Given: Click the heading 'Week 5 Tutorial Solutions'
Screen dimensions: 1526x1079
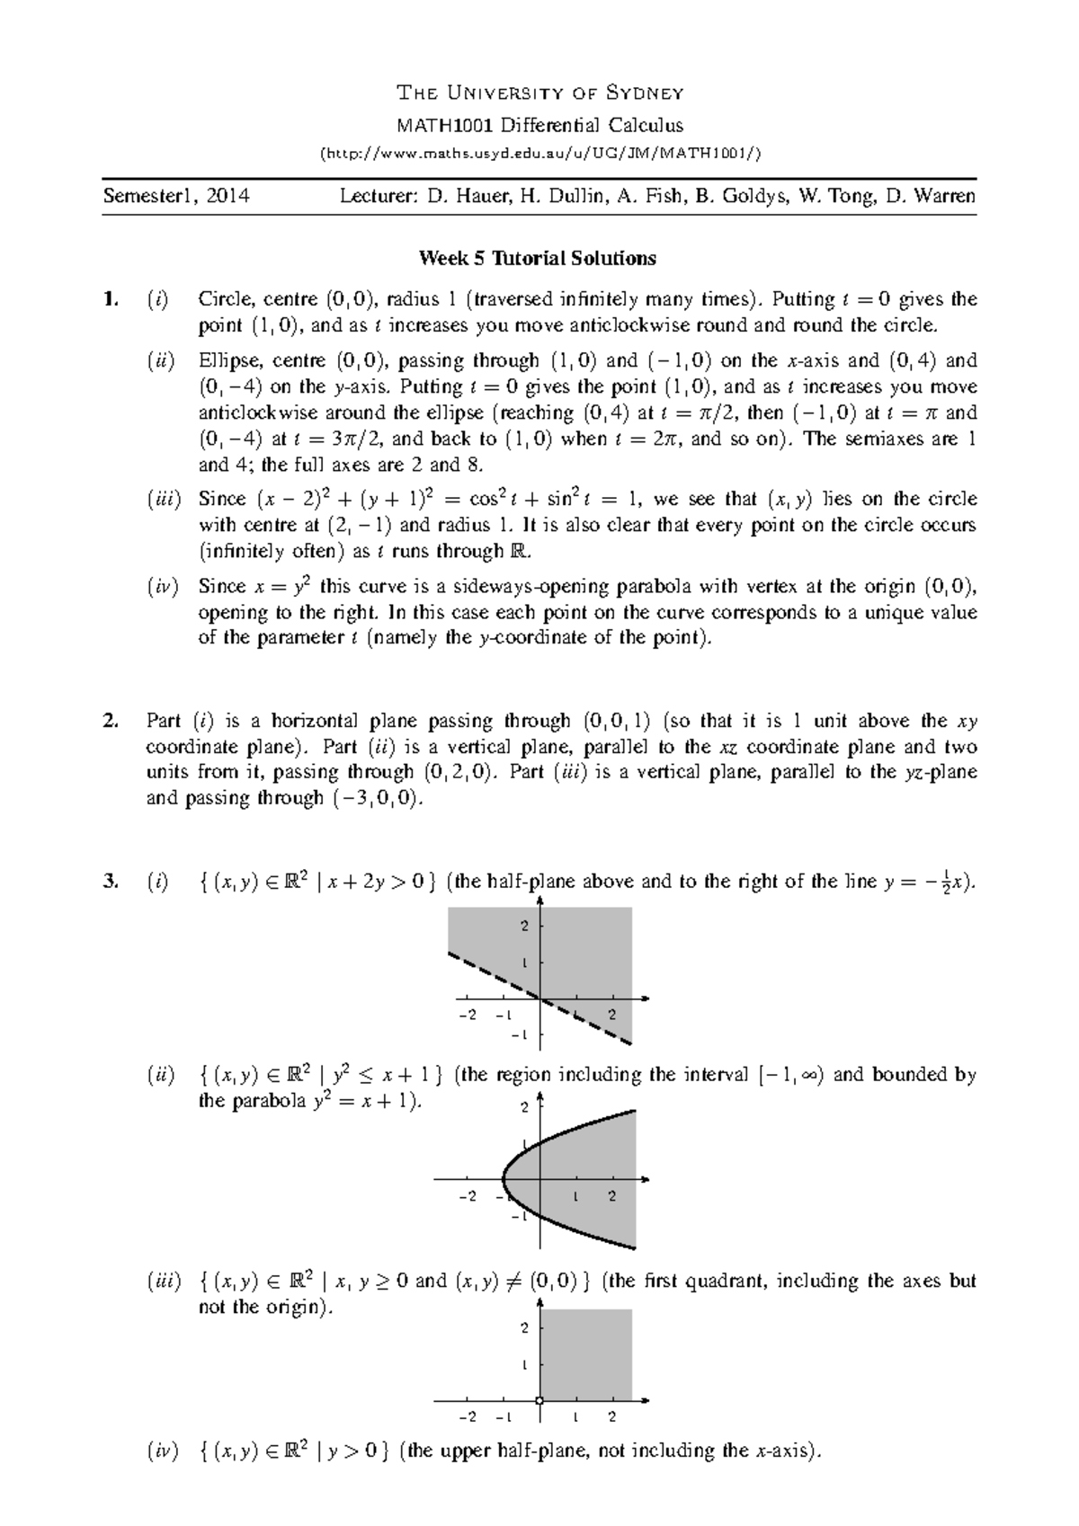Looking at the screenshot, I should (537, 259).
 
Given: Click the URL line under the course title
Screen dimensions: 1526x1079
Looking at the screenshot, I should (539, 153).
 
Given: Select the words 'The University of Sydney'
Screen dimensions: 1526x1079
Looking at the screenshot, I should (539, 93).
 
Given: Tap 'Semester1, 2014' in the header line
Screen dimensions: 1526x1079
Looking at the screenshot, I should (176, 196).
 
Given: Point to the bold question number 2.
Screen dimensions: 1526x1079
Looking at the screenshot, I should (109, 721).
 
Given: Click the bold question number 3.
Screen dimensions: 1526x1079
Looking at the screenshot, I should (109, 882).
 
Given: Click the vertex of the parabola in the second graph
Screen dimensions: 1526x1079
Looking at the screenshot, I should (503, 1178).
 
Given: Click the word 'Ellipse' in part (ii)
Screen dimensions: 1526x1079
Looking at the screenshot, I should (227, 361).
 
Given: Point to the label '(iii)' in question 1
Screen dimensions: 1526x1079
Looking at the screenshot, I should (164, 500).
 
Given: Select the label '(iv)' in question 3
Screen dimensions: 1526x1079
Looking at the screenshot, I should (162, 1476).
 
